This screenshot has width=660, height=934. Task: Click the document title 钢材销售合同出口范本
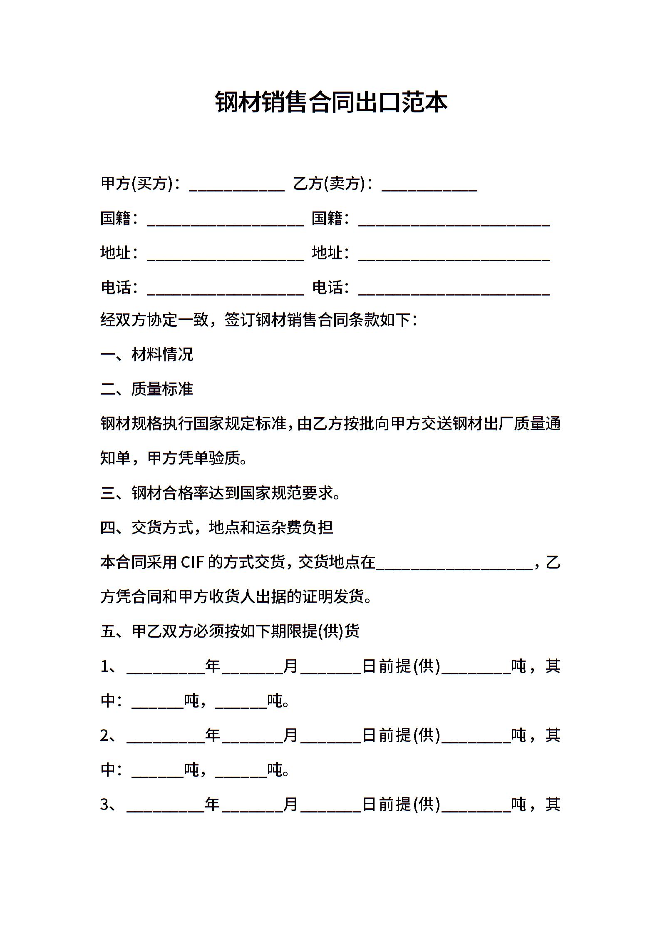tap(331, 102)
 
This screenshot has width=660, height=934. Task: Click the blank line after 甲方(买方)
tap(236, 185)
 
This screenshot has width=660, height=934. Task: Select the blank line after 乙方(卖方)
tap(429, 185)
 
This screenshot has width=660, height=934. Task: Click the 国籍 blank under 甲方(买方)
tap(225, 220)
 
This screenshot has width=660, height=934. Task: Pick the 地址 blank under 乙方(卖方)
tap(454, 254)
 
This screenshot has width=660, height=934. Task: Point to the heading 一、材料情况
tap(147, 355)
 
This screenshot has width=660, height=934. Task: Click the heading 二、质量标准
tap(147, 389)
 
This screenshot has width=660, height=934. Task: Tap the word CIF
tap(192, 563)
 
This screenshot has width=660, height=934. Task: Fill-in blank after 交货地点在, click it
tap(454, 564)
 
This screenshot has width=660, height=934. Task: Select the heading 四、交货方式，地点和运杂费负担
tap(217, 528)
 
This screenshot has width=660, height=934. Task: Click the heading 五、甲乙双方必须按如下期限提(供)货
tap(230, 631)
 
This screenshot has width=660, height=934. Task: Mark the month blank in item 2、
tap(252, 737)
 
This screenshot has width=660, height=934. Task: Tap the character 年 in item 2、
tap(213, 735)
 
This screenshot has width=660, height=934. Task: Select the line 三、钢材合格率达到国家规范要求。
tap(221, 493)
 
